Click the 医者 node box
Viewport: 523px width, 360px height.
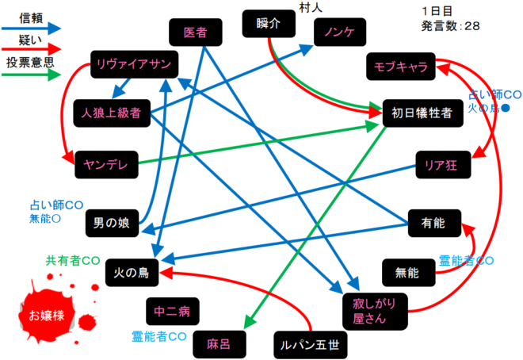(x=196, y=33)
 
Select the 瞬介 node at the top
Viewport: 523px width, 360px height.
(x=269, y=24)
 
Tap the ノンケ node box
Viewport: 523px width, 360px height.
(x=340, y=32)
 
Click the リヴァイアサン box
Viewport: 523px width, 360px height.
(x=135, y=64)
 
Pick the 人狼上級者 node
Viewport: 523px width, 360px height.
(x=112, y=113)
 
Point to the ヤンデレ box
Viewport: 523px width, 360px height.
(x=106, y=164)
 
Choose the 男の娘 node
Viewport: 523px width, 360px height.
(x=112, y=223)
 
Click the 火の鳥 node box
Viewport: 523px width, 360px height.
(x=132, y=273)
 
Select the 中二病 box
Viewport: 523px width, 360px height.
(x=173, y=312)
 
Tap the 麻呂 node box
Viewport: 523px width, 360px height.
(x=220, y=344)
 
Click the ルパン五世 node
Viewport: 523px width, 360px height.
(x=310, y=345)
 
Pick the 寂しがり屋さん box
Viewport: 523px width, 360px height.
(x=375, y=312)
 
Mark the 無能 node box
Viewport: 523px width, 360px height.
(x=409, y=273)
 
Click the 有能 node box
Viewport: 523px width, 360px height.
(x=434, y=223)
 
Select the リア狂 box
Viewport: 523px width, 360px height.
(x=443, y=164)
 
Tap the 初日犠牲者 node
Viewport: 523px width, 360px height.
(x=423, y=113)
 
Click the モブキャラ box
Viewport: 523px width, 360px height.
(x=401, y=67)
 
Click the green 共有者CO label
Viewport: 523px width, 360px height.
(x=73, y=261)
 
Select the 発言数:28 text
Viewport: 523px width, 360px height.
(x=451, y=25)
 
